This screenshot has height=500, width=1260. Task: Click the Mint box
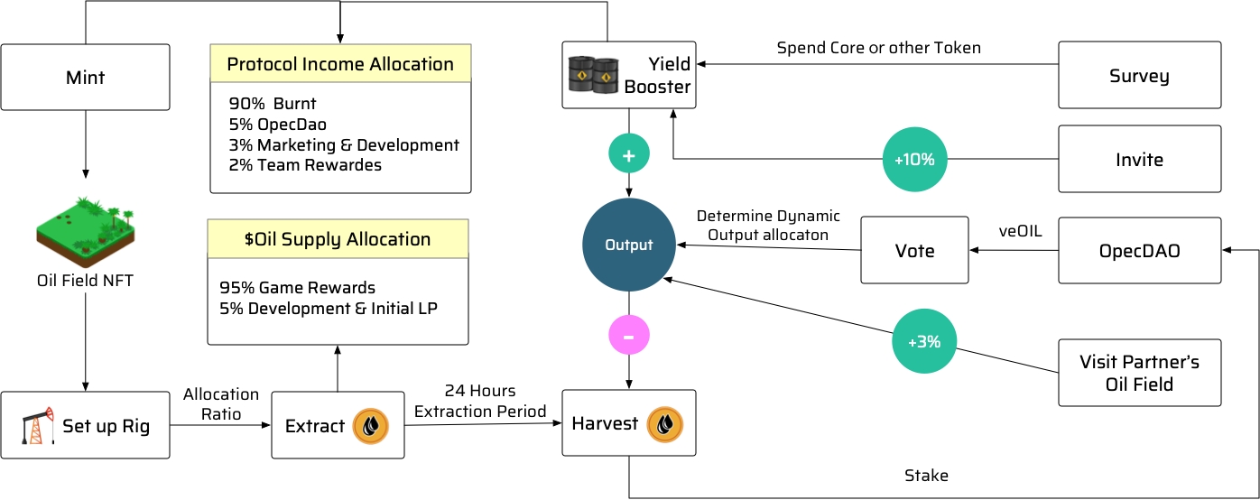(85, 78)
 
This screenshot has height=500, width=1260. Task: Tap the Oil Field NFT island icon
(85, 229)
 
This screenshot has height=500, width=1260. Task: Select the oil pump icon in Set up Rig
(33, 425)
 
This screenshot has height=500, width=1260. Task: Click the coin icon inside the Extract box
(370, 426)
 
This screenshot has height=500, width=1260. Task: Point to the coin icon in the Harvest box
(665, 423)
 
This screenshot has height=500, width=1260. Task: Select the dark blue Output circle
(628, 245)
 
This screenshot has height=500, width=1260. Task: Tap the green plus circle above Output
(628, 155)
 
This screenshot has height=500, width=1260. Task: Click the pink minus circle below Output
(628, 336)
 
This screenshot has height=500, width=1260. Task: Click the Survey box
(1139, 76)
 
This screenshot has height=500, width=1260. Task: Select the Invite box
(1139, 160)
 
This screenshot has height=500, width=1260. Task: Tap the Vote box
(914, 251)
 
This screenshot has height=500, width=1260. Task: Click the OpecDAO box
(1139, 251)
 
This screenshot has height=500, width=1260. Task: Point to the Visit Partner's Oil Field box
(1139, 373)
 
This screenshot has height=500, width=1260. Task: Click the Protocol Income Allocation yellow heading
(340, 64)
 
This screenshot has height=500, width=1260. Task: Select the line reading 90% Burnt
(273, 104)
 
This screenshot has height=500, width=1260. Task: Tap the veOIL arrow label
(1019, 232)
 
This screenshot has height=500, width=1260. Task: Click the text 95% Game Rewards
(297, 288)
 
